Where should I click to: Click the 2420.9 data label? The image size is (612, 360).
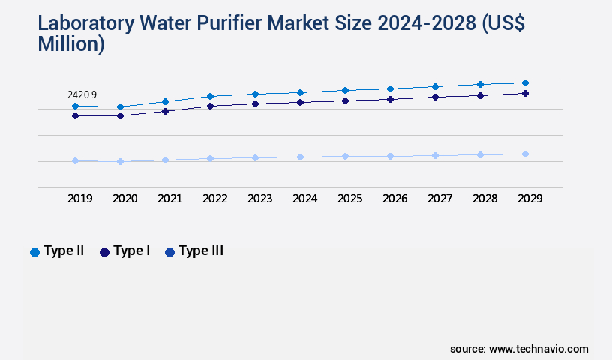(82, 95)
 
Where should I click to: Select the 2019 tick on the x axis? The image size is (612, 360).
(80, 199)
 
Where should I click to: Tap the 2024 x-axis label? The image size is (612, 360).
(304, 199)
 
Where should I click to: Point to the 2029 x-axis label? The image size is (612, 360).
(529, 199)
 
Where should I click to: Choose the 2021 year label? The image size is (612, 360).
(169, 199)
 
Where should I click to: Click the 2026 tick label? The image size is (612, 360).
(394, 199)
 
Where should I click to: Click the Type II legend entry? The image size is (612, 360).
(57, 251)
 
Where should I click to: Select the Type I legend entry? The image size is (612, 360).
(124, 251)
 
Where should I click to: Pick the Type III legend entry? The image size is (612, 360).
(194, 251)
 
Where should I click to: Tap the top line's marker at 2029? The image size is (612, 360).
(525, 82)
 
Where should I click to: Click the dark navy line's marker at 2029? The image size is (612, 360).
(525, 93)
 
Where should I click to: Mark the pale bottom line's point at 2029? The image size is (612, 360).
(525, 154)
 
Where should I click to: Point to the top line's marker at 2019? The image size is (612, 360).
(75, 106)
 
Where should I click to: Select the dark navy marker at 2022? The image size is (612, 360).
(210, 106)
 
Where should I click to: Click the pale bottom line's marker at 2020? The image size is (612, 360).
(120, 161)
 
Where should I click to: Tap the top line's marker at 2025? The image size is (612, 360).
(345, 90)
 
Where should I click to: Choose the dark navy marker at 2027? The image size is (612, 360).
(435, 97)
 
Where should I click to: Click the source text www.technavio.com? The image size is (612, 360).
(538, 349)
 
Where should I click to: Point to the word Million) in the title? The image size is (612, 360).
(71, 44)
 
